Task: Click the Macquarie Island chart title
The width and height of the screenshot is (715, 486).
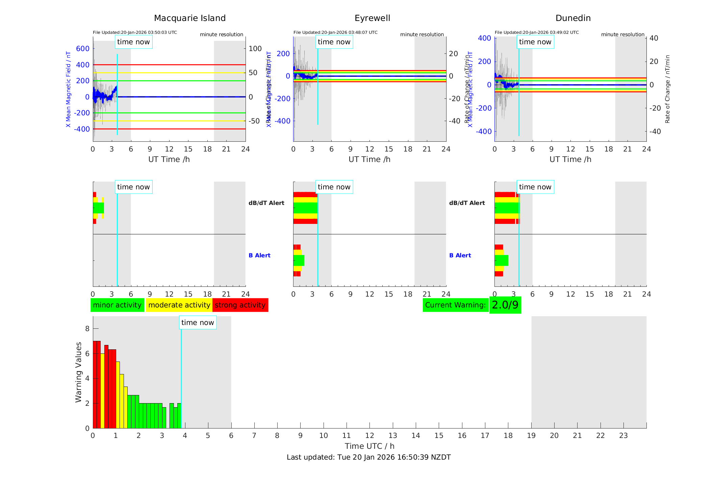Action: click(190, 18)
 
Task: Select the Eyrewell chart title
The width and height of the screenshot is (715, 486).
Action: click(372, 18)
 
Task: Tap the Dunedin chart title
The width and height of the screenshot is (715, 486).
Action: click(573, 18)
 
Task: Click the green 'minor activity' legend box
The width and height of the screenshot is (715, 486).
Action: click(117, 305)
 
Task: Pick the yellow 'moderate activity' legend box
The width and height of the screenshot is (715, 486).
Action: click(179, 305)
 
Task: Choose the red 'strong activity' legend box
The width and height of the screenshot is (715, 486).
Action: click(240, 305)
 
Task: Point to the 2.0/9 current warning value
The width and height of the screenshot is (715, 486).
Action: click(505, 305)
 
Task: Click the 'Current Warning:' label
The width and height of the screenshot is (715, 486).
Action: click(455, 305)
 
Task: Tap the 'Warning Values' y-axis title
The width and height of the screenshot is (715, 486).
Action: click(79, 372)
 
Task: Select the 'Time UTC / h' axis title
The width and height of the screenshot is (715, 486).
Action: click(369, 446)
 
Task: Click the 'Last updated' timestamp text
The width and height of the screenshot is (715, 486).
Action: click(368, 457)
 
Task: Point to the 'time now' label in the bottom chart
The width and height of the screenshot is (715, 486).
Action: click(198, 323)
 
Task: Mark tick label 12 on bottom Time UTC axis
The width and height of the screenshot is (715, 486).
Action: click(369, 436)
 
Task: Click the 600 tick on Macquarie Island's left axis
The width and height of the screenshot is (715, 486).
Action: click(83, 49)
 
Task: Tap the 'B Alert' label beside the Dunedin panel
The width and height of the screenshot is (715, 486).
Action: click(460, 255)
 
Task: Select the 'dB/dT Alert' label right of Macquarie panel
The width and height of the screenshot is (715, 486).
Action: click(266, 203)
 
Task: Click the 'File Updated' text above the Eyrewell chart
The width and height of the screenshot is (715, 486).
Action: click(335, 32)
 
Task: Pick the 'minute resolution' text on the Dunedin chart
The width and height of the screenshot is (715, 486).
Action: click(622, 34)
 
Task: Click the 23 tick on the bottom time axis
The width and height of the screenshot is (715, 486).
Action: click(623, 436)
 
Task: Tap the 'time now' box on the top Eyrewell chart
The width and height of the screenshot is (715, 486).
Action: click(334, 42)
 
